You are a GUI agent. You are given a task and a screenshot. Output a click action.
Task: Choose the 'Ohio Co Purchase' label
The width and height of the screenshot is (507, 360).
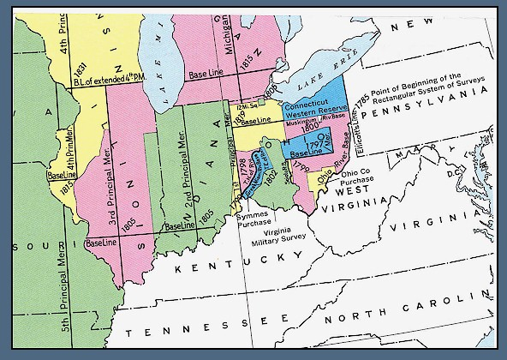coord(356,178)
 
